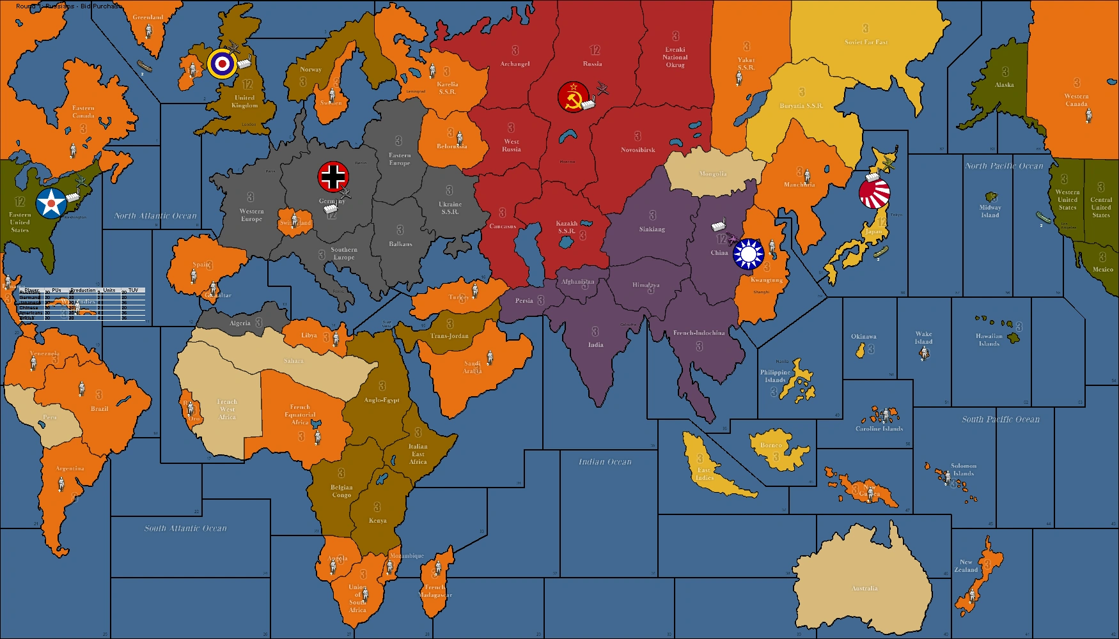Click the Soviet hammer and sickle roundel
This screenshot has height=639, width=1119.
point(573,96)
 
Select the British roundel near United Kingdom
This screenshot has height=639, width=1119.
point(222,63)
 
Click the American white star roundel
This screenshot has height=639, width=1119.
point(51,203)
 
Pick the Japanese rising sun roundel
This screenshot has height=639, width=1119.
point(874,194)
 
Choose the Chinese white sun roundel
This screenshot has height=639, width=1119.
point(748,254)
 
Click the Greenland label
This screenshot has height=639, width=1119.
point(148,17)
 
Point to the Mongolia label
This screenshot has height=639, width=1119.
point(712,174)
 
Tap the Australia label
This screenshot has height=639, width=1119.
point(865,589)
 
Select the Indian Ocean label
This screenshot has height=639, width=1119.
point(605,461)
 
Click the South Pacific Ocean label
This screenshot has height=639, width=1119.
point(1001,419)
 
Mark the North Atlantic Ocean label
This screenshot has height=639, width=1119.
point(155,216)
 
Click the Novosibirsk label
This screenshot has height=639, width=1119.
point(638,150)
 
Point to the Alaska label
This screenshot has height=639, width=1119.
point(1004,85)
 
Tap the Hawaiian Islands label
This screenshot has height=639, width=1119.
point(989,340)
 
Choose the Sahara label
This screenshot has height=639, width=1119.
point(293,361)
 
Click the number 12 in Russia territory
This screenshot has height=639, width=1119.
point(595,50)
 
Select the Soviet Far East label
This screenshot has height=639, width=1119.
point(866,42)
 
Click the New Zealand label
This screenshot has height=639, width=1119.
point(966,566)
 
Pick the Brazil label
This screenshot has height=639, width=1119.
point(99,409)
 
